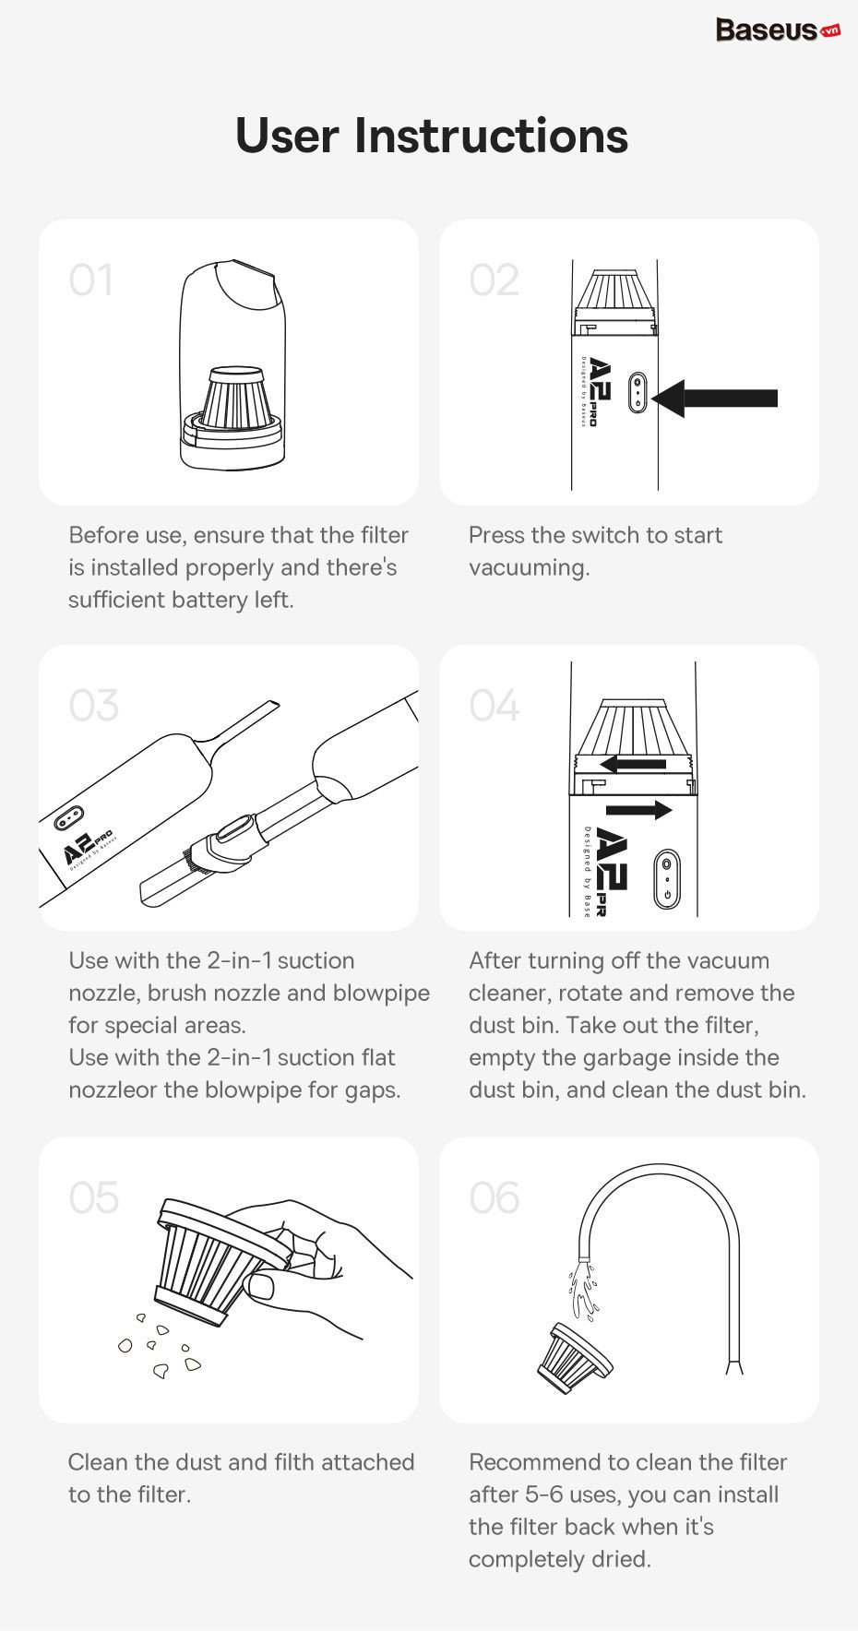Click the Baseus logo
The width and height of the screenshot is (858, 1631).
(778, 30)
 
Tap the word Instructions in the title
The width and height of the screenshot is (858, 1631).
(491, 136)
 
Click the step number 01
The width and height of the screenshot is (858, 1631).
(91, 280)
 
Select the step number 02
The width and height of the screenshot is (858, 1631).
(494, 280)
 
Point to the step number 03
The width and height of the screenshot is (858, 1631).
(93, 706)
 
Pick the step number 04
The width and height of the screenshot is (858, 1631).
(495, 706)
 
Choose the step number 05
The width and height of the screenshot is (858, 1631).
(93, 1197)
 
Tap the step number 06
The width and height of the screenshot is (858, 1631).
(495, 1197)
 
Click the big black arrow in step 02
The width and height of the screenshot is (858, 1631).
(714, 398)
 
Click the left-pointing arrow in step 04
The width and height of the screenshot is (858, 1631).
(633, 764)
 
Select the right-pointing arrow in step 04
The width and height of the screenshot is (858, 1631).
(639, 810)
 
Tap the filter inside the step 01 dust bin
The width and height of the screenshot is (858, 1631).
(242, 399)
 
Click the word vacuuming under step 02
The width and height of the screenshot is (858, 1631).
(529, 568)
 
